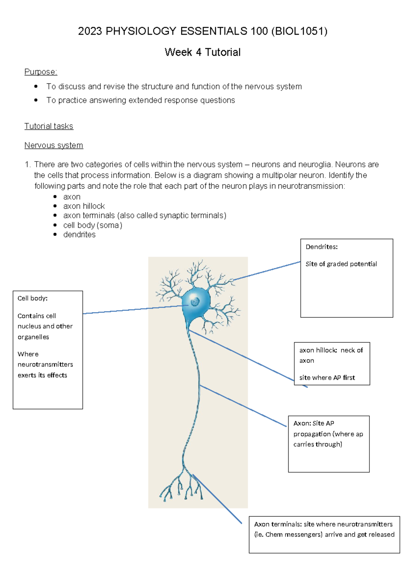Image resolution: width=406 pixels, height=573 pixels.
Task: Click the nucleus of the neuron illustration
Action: pos(195,301)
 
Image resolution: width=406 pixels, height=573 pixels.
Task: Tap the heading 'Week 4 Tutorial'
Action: pos(202,52)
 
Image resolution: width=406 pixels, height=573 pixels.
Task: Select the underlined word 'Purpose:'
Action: pos(41,72)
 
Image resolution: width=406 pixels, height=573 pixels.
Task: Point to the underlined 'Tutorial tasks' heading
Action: pos(49,126)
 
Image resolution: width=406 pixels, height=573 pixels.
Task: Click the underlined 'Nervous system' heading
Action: pos(53,145)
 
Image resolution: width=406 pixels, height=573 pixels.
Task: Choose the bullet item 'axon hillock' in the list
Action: pos(84,206)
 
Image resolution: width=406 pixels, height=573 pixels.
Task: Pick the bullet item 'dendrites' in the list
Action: pos(79,234)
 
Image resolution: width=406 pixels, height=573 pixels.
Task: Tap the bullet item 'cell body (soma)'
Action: pos(92,225)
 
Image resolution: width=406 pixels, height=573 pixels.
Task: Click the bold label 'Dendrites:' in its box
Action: pos(321,247)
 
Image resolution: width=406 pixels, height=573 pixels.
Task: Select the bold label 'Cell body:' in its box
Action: pos(32,298)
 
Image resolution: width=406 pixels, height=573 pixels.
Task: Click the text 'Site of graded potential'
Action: pos(341,264)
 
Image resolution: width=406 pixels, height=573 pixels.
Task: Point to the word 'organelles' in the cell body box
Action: pos(33,337)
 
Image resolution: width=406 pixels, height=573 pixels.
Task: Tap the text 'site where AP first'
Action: pos(327,378)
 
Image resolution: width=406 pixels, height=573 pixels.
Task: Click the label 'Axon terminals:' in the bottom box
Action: pos(278,524)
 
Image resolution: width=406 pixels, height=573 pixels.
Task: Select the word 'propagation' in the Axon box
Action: pos(312,434)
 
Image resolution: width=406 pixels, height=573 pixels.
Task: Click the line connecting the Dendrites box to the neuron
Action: pos(267,271)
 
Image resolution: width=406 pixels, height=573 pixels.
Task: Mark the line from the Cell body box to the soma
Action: pos(135,309)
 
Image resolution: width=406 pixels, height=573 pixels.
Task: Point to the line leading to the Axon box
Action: pos(243,405)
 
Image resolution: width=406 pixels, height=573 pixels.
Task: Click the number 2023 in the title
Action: pos(90,31)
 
